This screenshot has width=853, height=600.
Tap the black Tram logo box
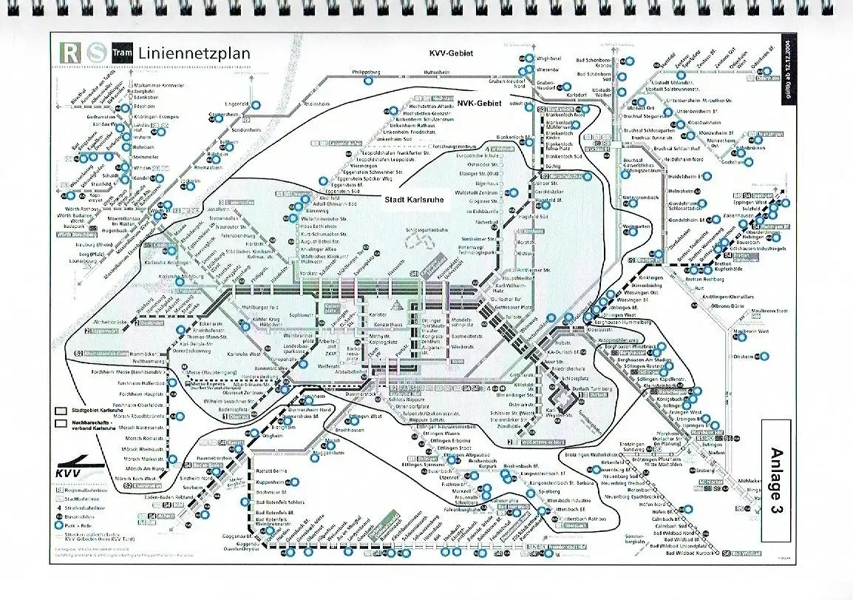[120, 53]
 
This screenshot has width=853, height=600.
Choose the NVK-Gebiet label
[478, 104]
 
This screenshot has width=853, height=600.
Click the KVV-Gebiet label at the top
[450, 53]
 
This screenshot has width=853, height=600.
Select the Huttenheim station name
[415, 72]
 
